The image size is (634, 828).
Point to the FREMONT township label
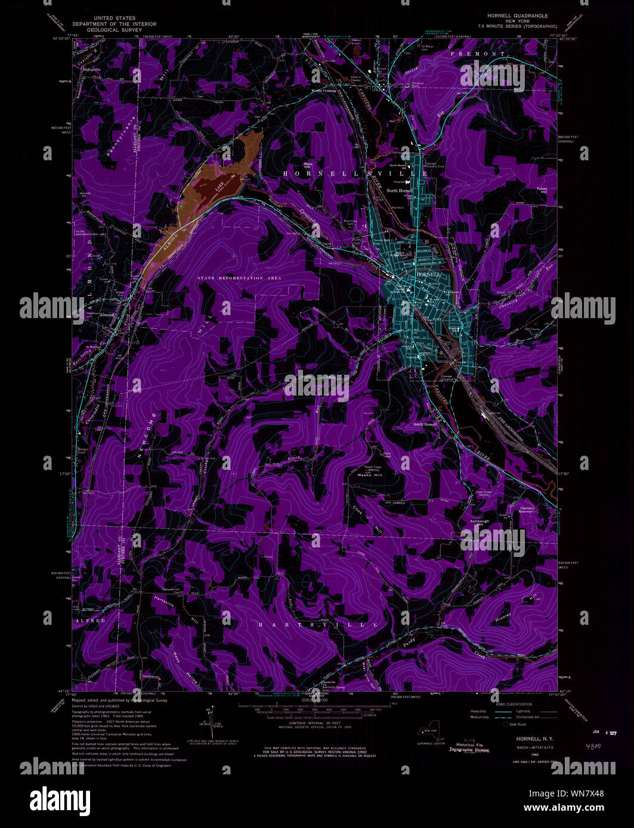coord(487,54)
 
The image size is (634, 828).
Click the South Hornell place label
coord(426,424)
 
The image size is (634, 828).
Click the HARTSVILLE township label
coord(318,625)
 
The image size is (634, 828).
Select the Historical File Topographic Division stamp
coord(469,747)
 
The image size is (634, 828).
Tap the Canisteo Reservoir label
coord(517,510)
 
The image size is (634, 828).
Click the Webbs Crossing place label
coord(323,91)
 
